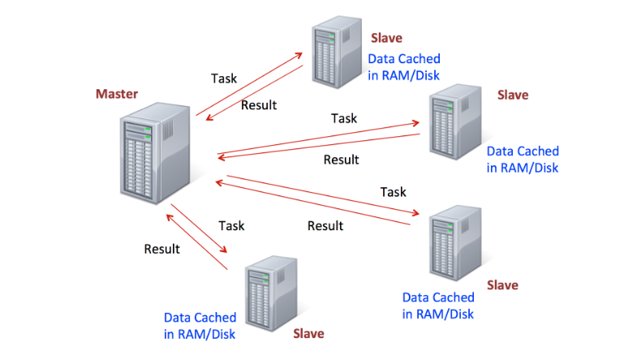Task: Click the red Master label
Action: point(117,94)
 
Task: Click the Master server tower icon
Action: point(155,153)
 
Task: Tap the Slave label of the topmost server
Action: point(386,38)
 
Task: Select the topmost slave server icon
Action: point(337,52)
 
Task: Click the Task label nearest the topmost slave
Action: point(224,78)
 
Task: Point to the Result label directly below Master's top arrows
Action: point(259,105)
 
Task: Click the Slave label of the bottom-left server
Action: point(308,333)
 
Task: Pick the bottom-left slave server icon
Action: point(271,294)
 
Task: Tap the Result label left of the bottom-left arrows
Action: point(161,249)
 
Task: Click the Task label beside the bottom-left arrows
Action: point(231,225)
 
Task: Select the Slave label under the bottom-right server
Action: point(502,285)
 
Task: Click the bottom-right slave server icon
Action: point(455,243)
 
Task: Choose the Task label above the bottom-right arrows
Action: point(394,192)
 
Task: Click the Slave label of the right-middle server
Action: point(513,95)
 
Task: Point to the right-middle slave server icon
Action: point(455,122)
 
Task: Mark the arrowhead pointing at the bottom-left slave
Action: point(223,249)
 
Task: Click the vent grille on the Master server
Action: point(168,131)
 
